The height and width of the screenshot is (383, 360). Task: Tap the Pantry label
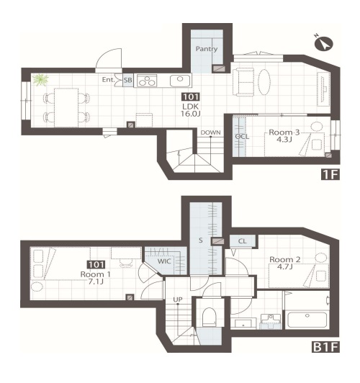[207, 49]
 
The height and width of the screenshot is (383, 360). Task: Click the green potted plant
[40, 80]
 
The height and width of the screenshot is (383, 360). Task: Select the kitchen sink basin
[180, 81]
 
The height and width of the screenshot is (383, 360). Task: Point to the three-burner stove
[147, 81]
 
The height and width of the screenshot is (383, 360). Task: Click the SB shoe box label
[128, 80]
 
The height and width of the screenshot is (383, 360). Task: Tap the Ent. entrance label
[108, 80]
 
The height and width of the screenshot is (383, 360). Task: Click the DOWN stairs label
[210, 132]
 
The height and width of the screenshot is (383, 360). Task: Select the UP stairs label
[178, 299]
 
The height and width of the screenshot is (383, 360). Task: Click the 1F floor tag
[330, 174]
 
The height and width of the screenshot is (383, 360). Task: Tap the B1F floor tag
[326, 347]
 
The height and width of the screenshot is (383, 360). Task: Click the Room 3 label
[284, 132]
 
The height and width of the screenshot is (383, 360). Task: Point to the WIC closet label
[164, 261]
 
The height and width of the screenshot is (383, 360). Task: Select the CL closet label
[242, 241]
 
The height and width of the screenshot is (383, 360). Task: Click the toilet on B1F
[210, 316]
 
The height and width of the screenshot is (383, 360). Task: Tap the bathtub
[307, 320]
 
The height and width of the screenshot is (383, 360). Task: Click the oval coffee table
[264, 82]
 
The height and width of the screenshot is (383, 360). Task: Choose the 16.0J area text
[191, 113]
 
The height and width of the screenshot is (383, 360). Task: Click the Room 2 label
[285, 259]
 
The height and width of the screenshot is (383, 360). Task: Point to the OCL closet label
[242, 137]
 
